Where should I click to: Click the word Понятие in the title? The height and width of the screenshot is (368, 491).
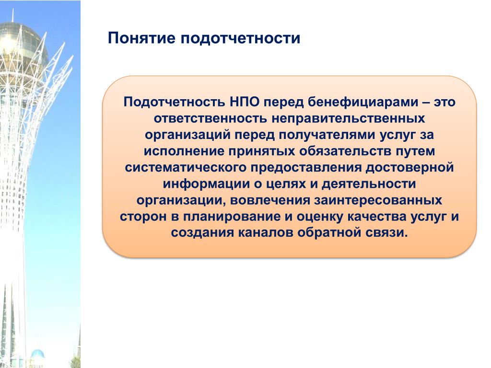tap(141, 38)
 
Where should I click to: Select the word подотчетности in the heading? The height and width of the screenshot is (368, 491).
tap(241, 38)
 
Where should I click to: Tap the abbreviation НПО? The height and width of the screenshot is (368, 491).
tap(244, 102)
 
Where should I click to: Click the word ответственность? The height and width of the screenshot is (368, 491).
tap(210, 118)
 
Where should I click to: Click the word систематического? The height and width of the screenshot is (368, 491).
tap(186, 167)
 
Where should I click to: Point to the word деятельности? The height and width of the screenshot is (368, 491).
tap(369, 184)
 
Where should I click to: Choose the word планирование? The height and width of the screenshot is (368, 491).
tap(232, 217)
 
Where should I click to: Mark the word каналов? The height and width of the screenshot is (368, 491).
tap(266, 233)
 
